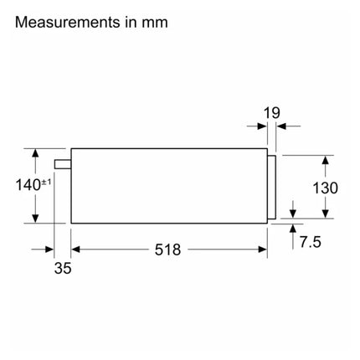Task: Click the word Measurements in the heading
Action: click(x=68, y=22)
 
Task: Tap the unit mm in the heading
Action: click(x=155, y=23)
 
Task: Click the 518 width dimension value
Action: click(x=167, y=249)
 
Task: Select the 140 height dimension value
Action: click(x=28, y=185)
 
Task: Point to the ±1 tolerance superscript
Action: click(x=46, y=183)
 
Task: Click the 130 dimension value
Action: click(x=325, y=188)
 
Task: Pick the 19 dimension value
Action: click(x=271, y=113)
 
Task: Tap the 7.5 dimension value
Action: click(x=311, y=242)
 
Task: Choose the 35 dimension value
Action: click(x=63, y=268)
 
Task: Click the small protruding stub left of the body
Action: click(x=63, y=164)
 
